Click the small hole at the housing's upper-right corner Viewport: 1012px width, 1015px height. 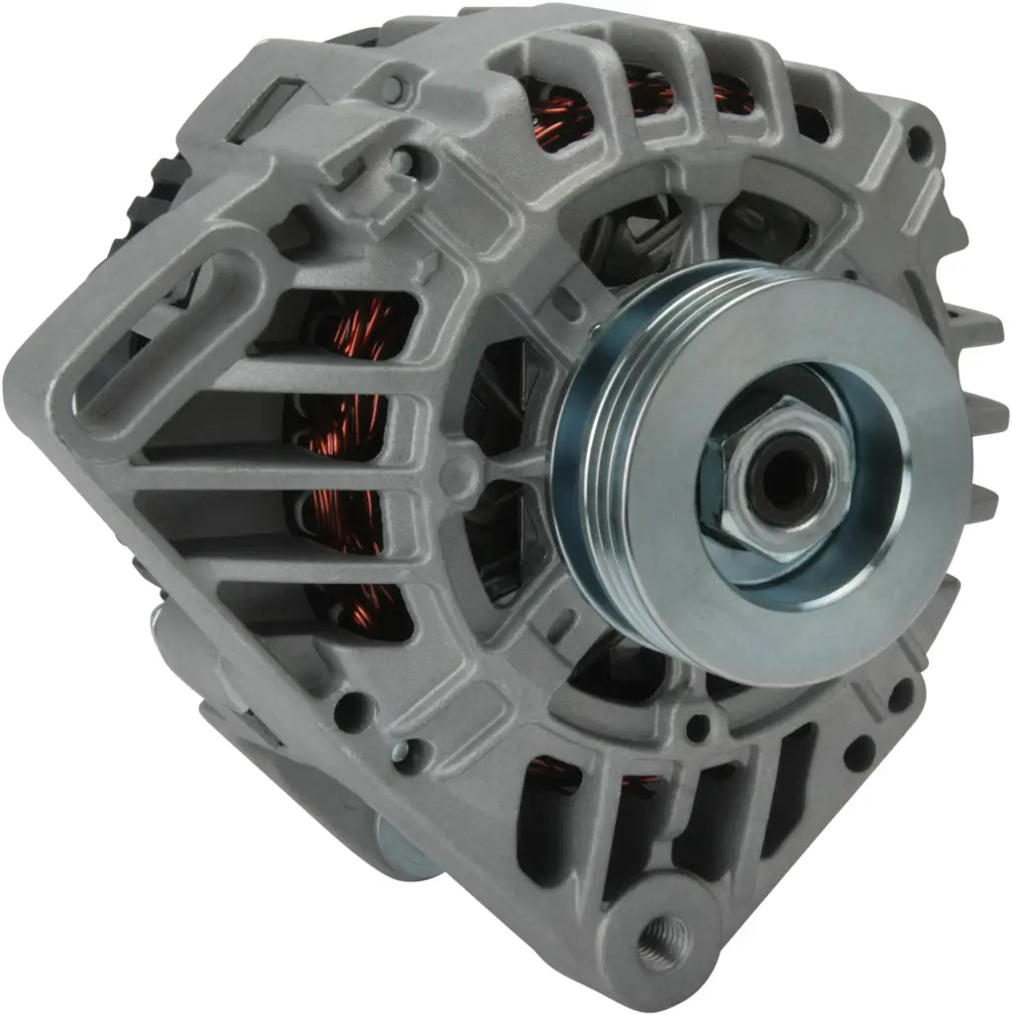point(919,139)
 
